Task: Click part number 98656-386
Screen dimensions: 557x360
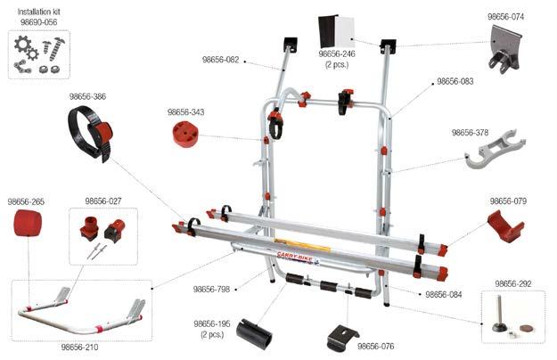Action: pyautogui.click(x=88, y=95)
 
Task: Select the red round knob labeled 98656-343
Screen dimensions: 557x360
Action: pyautogui.click(x=185, y=133)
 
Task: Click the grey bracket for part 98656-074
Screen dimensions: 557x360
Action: pyautogui.click(x=504, y=46)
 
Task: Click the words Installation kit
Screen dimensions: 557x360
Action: pyautogui.click(x=37, y=10)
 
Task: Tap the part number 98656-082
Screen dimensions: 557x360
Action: pyautogui.click(x=220, y=60)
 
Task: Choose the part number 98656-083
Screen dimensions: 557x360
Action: pyautogui.click(x=455, y=81)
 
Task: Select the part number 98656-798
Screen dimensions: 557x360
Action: pyautogui.click(x=211, y=289)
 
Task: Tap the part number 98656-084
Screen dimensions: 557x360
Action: pyautogui.click(x=443, y=294)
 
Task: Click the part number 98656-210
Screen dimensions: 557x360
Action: pyautogui.click(x=79, y=347)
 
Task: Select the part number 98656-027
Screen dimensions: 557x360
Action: pyautogui.click(x=103, y=201)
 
